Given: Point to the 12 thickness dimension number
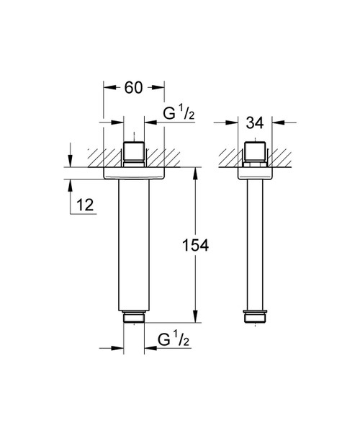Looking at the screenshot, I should click(x=84, y=205).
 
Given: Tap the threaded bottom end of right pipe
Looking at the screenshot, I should click(x=257, y=316).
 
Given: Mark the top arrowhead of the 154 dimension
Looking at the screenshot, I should click(x=194, y=174).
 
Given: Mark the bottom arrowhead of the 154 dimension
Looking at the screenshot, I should click(x=194, y=317).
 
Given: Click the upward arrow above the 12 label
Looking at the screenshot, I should click(x=71, y=183).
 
